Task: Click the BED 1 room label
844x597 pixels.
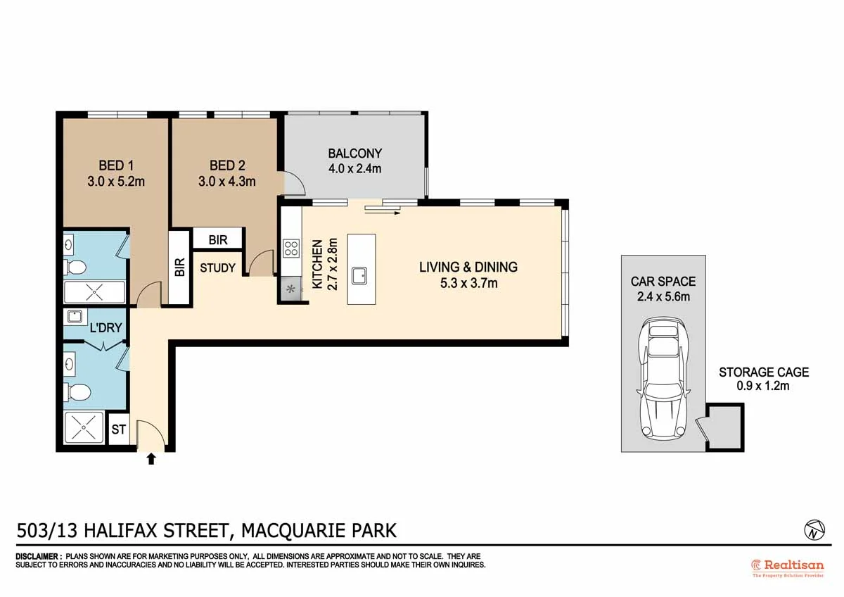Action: pos(116,165)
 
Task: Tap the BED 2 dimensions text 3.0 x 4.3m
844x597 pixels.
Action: pos(227,181)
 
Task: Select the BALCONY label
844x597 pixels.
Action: pos(354,153)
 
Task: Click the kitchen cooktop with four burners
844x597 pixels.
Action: pos(290,248)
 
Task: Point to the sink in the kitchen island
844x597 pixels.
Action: pos(361,275)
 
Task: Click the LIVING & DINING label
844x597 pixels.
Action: pos(468,267)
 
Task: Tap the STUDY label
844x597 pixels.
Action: pos(218,268)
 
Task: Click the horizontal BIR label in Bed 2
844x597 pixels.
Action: pos(218,240)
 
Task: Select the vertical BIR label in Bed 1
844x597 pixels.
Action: pos(179,268)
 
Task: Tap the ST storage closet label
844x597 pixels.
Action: pos(119,429)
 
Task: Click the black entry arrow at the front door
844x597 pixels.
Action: pos(151,459)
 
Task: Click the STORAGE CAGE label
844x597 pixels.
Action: pos(763,372)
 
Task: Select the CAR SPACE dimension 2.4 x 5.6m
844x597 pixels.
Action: pos(663,296)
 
